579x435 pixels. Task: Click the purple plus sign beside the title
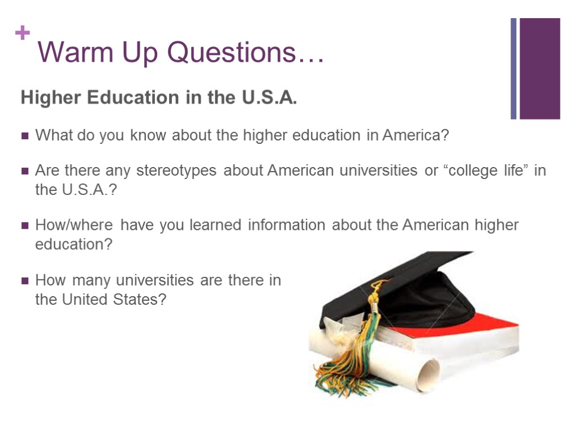click(x=23, y=34)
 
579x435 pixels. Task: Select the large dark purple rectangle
click(x=539, y=69)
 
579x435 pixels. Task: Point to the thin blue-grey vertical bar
click(x=513, y=69)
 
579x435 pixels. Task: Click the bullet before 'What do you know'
click(x=25, y=137)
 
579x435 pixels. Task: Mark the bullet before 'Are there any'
click(x=25, y=171)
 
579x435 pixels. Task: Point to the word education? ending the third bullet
click(x=74, y=245)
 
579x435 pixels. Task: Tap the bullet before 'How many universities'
click(x=25, y=281)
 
